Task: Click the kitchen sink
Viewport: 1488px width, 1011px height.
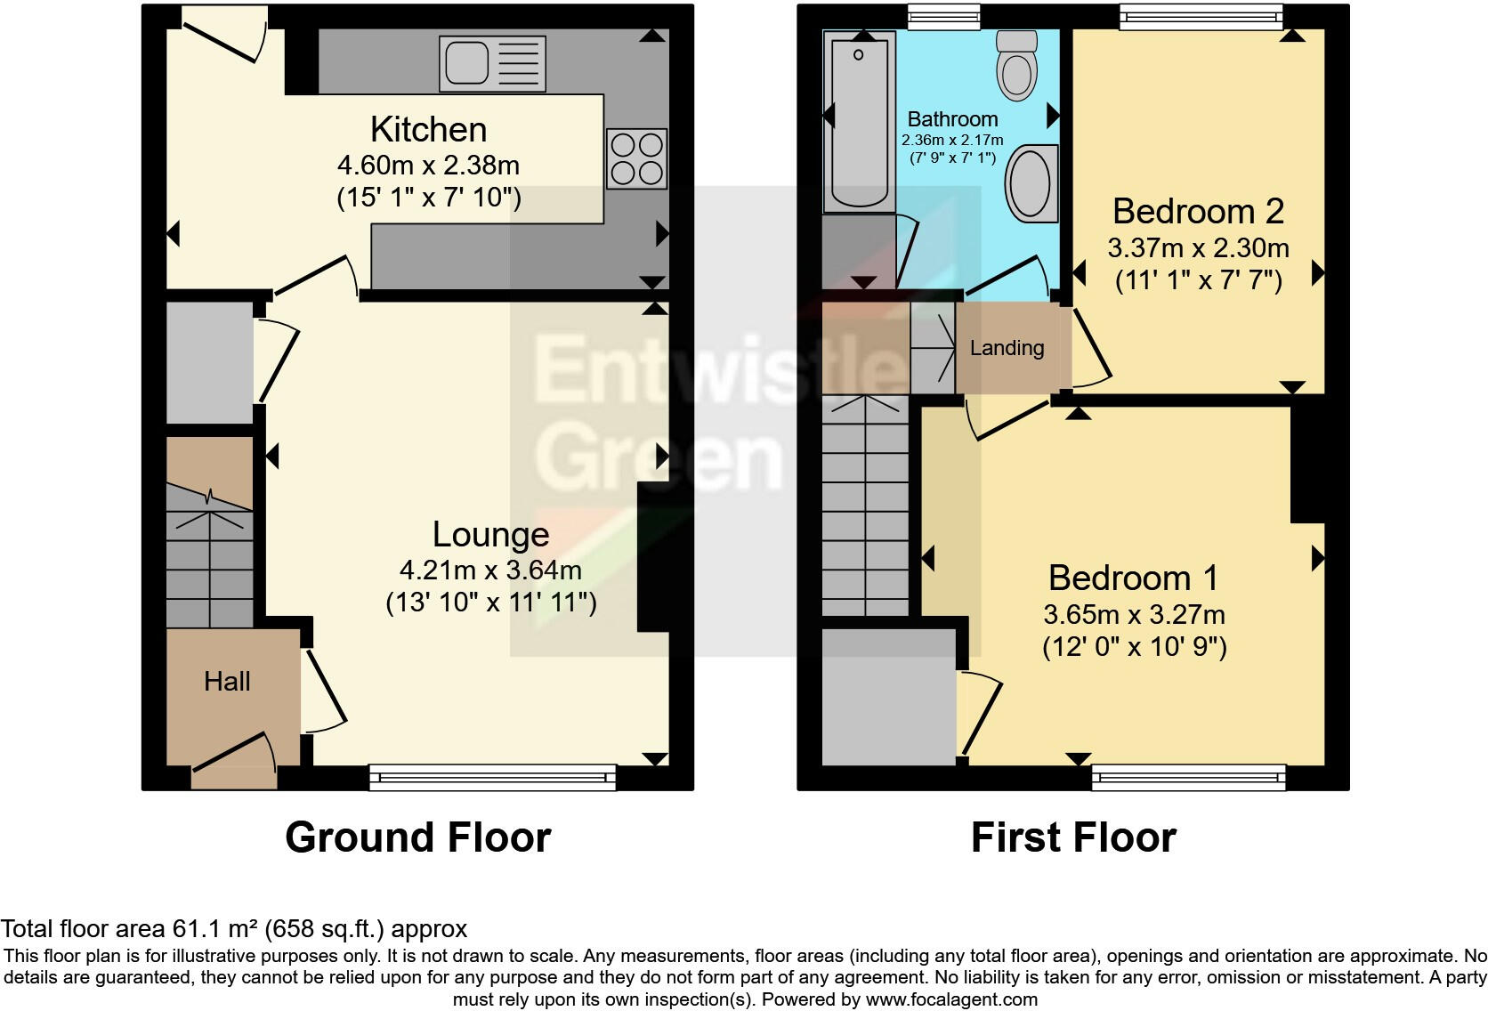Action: (x=492, y=64)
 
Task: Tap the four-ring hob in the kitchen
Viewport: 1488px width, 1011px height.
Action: (x=636, y=158)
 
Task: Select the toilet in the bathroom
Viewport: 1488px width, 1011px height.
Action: (x=1016, y=65)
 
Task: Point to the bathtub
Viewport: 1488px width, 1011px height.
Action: (x=859, y=122)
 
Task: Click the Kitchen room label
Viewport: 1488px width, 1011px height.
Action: (x=428, y=130)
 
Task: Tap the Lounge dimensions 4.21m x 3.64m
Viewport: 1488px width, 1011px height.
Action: (x=490, y=570)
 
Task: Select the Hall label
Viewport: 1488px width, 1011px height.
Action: (x=227, y=682)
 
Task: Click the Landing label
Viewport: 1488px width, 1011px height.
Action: (x=1007, y=348)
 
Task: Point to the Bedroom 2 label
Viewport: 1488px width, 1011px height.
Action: (x=1198, y=212)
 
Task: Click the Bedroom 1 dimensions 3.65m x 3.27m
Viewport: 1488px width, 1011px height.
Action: (x=1134, y=614)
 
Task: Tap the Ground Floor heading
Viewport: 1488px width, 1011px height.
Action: (x=417, y=837)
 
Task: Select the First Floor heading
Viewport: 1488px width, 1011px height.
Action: (x=1073, y=837)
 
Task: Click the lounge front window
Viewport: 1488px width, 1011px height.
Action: (x=492, y=777)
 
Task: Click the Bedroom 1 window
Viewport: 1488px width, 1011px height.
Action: (x=1189, y=777)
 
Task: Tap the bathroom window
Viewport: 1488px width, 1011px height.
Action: (x=943, y=16)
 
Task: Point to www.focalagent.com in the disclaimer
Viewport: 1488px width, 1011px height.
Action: (x=951, y=999)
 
